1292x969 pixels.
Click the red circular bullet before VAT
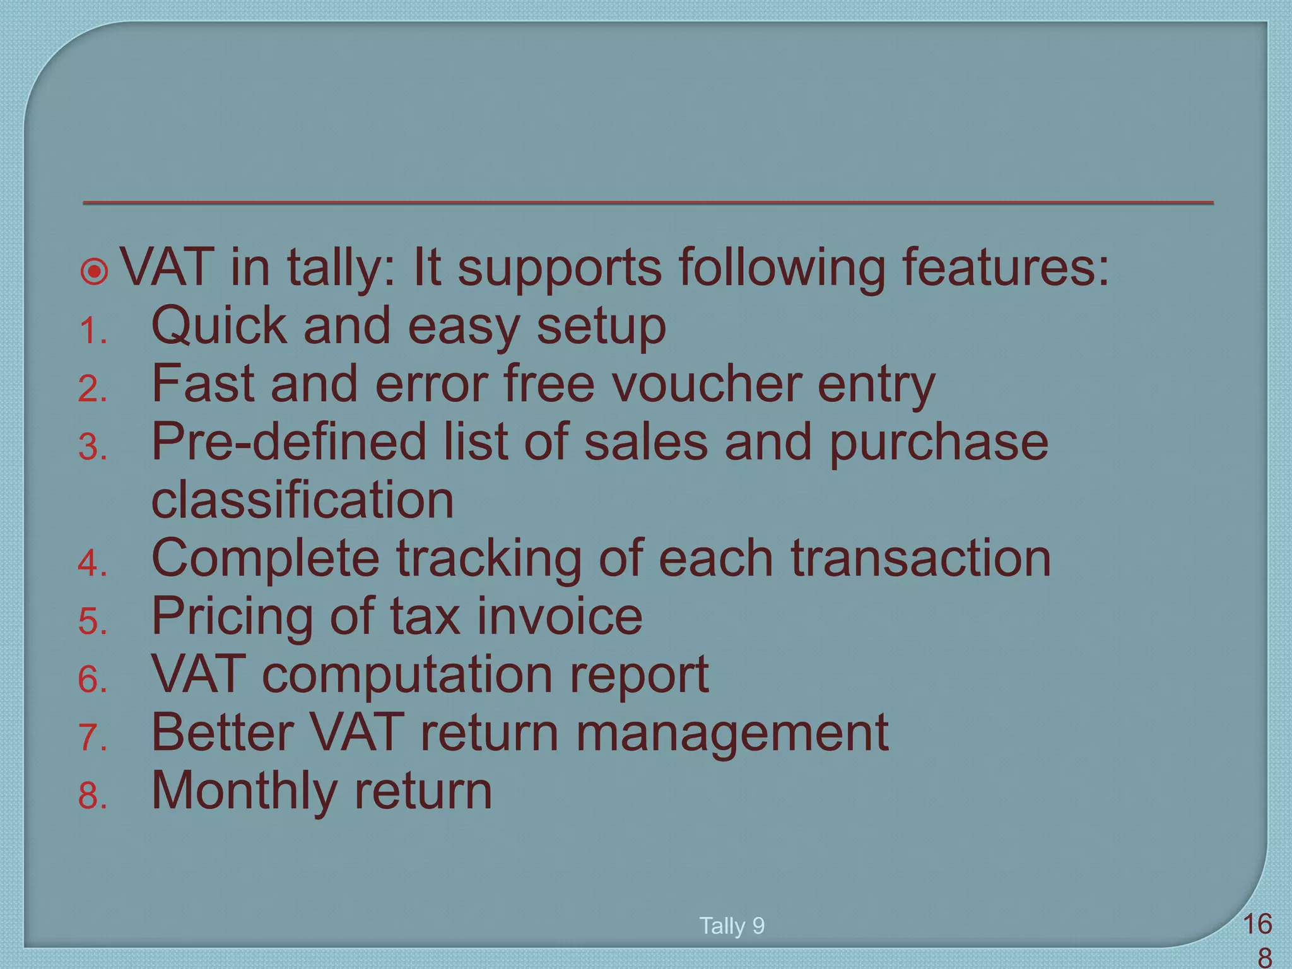click(x=95, y=272)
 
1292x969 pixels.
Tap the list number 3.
click(x=92, y=449)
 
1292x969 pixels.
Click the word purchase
click(x=938, y=443)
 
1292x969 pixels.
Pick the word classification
click(x=303, y=500)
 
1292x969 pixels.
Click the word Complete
click(x=266, y=559)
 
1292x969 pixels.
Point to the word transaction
click(x=920, y=558)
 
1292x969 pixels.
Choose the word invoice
click(x=559, y=616)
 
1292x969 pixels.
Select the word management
click(x=732, y=734)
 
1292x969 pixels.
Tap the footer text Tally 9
click(x=732, y=926)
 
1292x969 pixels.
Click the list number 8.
click(x=92, y=797)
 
